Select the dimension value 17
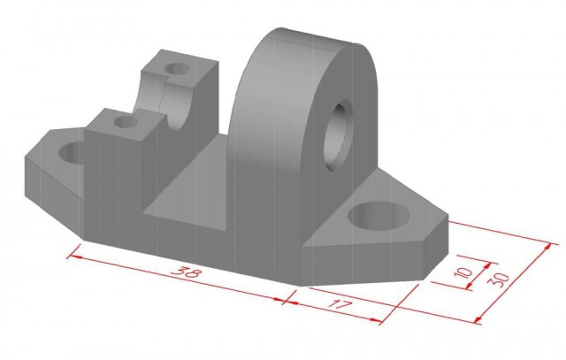339,306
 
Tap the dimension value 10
463,272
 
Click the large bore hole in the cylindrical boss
338,136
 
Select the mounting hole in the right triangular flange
379,216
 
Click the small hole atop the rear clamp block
177,68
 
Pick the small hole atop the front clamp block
126,122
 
